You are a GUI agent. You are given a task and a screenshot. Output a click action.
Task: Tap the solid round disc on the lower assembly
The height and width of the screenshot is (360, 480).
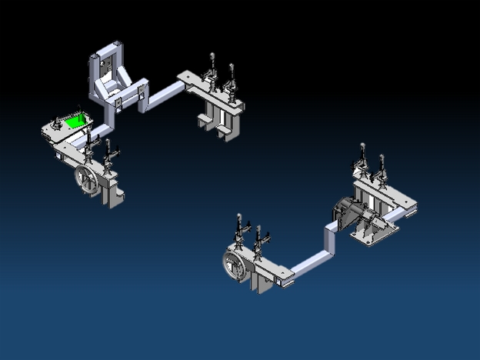(x=232, y=264)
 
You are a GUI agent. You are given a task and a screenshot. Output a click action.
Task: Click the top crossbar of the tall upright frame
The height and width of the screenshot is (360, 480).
(x=107, y=48)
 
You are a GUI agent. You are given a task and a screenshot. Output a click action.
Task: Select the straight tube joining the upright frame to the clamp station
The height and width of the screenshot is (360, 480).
(x=165, y=92)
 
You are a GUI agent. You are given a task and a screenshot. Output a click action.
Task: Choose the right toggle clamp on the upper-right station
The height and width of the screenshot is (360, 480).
(x=230, y=77)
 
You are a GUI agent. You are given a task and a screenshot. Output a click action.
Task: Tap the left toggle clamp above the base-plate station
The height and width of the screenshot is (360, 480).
(x=360, y=159)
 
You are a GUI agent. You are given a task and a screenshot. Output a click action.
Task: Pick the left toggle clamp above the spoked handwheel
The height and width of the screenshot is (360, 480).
(x=89, y=142)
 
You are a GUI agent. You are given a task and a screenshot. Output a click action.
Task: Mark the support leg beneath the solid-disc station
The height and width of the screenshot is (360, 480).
(x=262, y=282)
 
